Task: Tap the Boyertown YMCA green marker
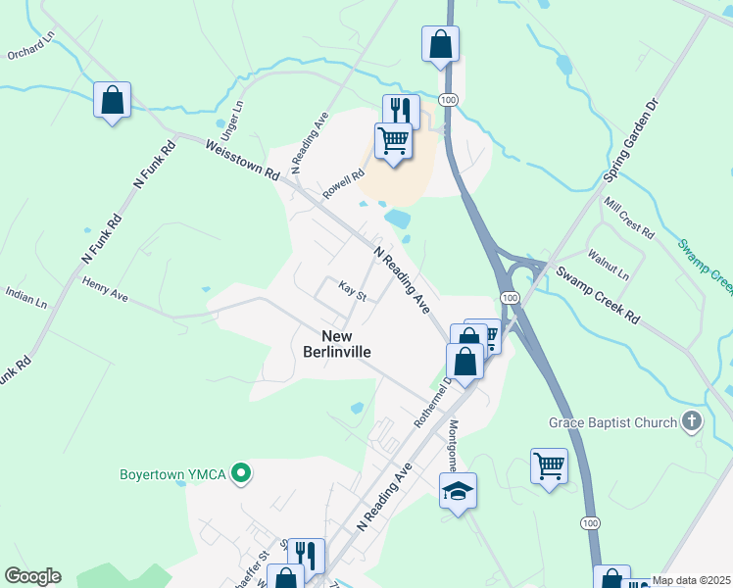238,475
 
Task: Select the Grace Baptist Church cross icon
693,422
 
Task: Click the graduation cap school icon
458,491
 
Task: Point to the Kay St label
352,291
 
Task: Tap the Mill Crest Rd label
629,217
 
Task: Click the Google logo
32,576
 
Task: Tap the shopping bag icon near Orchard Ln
113,100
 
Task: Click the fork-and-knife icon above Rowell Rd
401,112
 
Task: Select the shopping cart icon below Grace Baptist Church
549,466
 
